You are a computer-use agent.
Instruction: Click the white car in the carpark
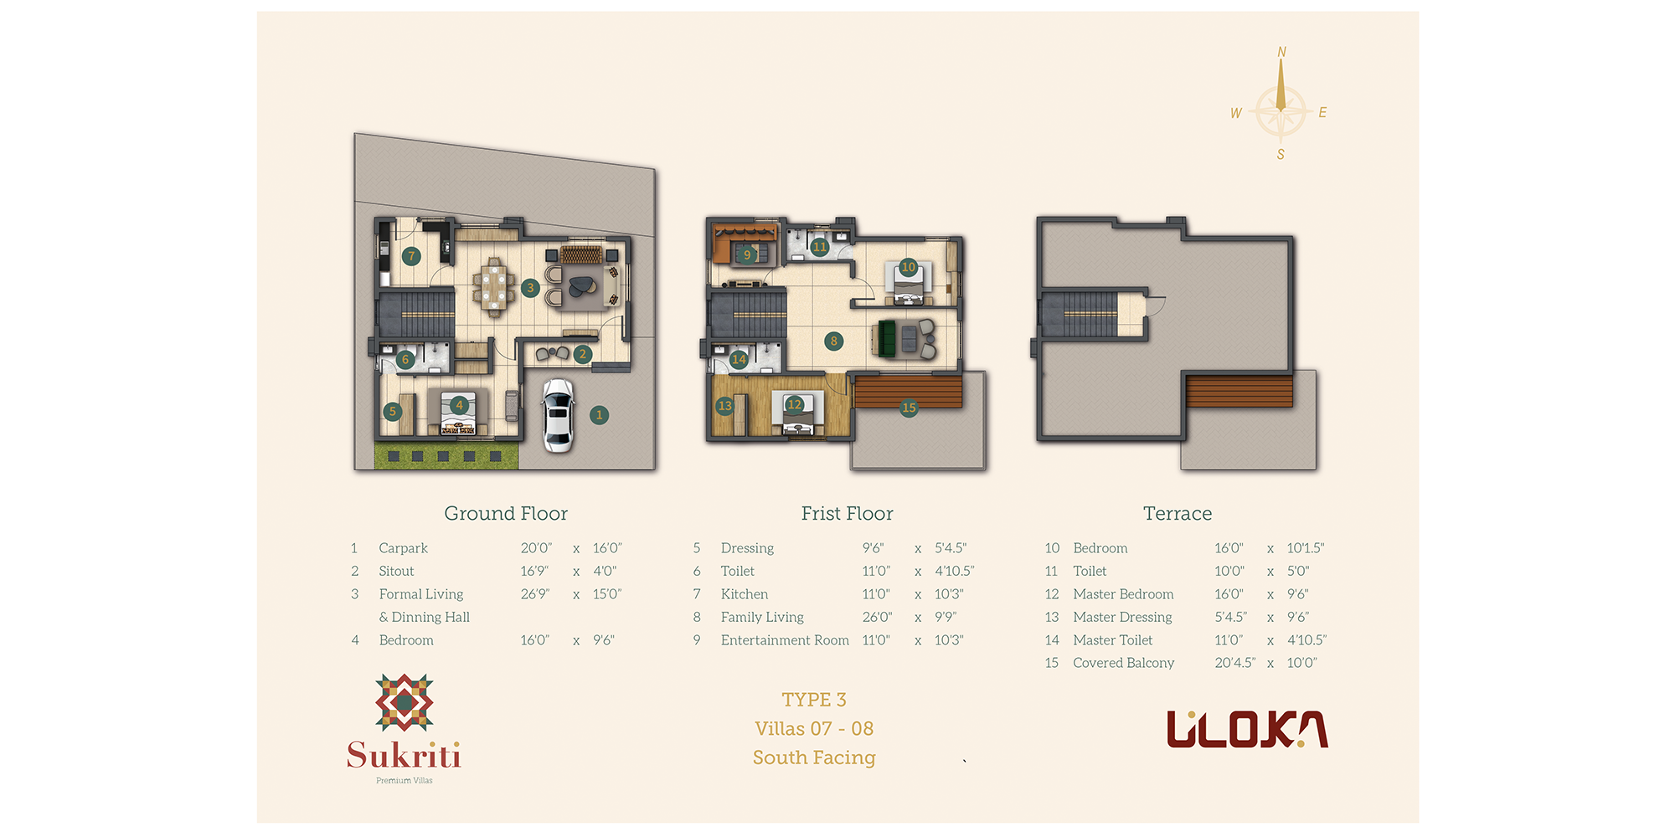[x=558, y=415]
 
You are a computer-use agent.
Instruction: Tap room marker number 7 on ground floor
[x=411, y=256]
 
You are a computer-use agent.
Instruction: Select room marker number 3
[x=529, y=288]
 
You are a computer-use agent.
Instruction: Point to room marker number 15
[x=909, y=408]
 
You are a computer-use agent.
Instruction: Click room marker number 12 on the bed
[x=795, y=404]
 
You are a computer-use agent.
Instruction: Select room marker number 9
[x=747, y=254]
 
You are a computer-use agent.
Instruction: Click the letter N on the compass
[x=1281, y=52]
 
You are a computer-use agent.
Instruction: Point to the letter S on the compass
[x=1281, y=154]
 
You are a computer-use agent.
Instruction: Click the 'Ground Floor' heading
[x=506, y=513]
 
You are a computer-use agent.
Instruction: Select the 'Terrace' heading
[x=1178, y=513]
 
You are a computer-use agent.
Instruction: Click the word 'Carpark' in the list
[x=403, y=548]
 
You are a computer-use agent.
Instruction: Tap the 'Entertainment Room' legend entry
[x=785, y=640]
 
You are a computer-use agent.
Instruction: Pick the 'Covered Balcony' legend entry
[x=1123, y=663]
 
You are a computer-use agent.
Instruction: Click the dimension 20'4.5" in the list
[x=1235, y=663]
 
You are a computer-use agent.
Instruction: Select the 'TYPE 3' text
[x=814, y=700]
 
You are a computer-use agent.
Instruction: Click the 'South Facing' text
[x=814, y=757]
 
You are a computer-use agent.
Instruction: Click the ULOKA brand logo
[x=1247, y=729]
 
